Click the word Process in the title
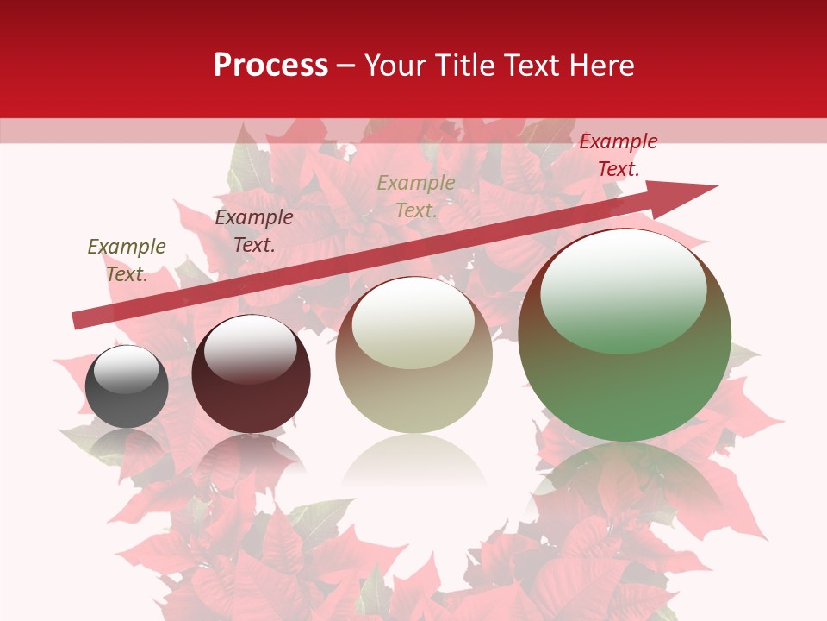click(x=270, y=66)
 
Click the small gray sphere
click(x=127, y=386)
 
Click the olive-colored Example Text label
click(x=127, y=260)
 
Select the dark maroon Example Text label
click(x=254, y=231)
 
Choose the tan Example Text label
click(x=416, y=197)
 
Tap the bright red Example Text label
click(x=618, y=155)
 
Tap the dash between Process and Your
click(x=346, y=66)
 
